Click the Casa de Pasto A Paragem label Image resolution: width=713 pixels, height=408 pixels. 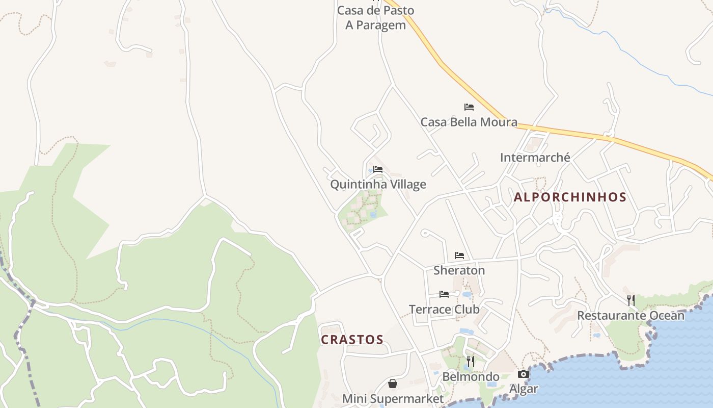coord(376,18)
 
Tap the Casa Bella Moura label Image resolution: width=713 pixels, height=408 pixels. coord(469,122)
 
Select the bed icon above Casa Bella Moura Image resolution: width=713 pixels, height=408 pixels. coord(469,107)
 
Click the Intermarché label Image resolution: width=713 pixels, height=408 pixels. coord(535,157)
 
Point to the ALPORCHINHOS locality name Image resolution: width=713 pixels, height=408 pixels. coord(570,197)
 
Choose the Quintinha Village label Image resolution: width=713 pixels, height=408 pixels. coord(378,184)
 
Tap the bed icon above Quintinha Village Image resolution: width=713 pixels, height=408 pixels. coord(378,169)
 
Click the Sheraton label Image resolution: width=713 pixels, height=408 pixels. coord(459,270)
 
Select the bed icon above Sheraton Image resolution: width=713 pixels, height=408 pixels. coord(459,256)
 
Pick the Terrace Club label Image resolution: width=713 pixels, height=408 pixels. coord(444,309)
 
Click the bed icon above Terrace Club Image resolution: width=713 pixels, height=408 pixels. coord(444,294)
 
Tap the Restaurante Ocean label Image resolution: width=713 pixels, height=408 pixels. coord(630,315)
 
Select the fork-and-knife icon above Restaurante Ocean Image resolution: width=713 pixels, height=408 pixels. coord(631,300)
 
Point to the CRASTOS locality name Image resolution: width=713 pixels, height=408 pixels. coord(352,340)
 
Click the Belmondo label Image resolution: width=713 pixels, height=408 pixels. coord(471,377)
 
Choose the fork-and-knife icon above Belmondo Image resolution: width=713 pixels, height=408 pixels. coord(471,362)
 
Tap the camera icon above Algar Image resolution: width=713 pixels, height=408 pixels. coord(524,374)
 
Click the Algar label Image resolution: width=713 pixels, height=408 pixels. coord(524,389)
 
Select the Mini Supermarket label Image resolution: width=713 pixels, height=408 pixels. coord(393,398)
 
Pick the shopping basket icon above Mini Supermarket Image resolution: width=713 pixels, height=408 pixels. coord(393,384)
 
